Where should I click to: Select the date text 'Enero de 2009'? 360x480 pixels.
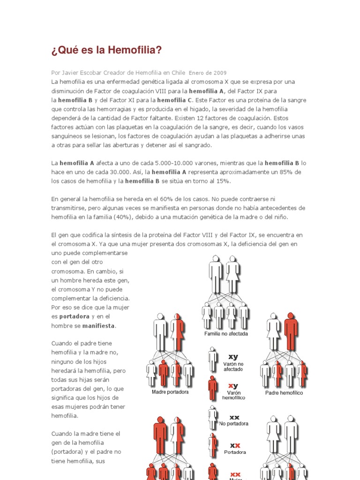(x=207, y=73)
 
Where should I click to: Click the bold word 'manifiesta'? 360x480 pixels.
(x=99, y=325)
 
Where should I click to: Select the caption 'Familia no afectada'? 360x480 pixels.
(x=226, y=334)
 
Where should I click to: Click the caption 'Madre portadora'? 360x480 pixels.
(x=170, y=391)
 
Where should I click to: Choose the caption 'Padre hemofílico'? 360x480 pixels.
(x=284, y=392)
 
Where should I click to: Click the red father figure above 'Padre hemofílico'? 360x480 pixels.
(x=291, y=331)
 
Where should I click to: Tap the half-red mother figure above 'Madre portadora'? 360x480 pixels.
(x=177, y=331)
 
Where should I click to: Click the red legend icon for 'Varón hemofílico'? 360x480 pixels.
(x=213, y=387)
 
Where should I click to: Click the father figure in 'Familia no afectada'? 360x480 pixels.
(x=216, y=273)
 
